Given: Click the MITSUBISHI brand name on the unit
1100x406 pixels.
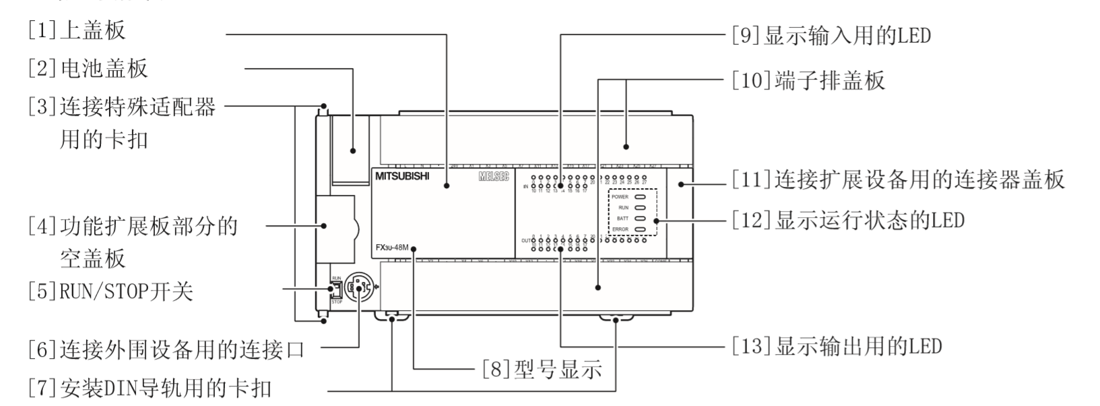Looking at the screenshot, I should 402,177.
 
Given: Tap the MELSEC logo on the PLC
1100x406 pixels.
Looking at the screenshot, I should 494,177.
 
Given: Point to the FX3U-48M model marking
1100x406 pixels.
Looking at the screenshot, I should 392,248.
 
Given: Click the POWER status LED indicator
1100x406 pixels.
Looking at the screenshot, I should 640,197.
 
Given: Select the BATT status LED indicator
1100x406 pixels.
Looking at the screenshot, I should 640,219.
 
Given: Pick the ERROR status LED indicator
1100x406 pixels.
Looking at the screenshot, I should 640,229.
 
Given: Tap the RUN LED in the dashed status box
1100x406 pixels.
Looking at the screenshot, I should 640,208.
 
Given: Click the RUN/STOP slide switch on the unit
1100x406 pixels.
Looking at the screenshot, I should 333,289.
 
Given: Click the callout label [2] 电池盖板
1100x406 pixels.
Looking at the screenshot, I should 87,67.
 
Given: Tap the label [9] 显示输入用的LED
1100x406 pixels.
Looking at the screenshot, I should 831,34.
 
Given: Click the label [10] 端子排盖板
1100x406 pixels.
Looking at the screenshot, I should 808,81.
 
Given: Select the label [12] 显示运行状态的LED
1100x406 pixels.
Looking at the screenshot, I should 849,220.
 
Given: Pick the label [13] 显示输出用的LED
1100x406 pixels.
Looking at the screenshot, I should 837,346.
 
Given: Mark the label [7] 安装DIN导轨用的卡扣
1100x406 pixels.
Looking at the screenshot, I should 150,388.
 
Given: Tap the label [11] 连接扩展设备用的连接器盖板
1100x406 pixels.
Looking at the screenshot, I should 899,179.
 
